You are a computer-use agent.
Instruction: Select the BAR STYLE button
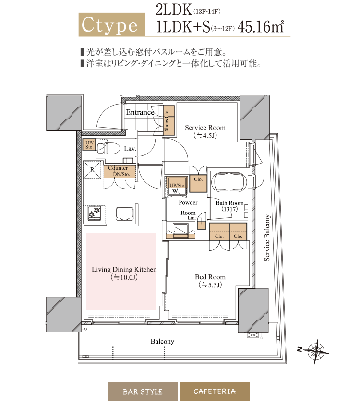pyautogui.click(x=142, y=391)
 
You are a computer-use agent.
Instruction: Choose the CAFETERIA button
pyautogui.click(x=215, y=391)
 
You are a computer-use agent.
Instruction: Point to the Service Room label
pyautogui.click(x=205, y=128)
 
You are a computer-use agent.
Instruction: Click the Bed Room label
pyautogui.click(x=210, y=277)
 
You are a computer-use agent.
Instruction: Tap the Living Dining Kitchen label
pyautogui.click(x=124, y=270)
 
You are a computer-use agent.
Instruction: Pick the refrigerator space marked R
pyautogui.click(x=92, y=170)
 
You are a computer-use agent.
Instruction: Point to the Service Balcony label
pyautogui.click(x=267, y=238)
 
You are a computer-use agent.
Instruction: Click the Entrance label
pyautogui.click(x=140, y=112)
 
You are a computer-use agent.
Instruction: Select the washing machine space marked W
pyautogui.click(x=176, y=190)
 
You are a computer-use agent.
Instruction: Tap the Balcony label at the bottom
pyautogui.click(x=162, y=342)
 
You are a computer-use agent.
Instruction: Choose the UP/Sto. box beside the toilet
pyautogui.click(x=89, y=145)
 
